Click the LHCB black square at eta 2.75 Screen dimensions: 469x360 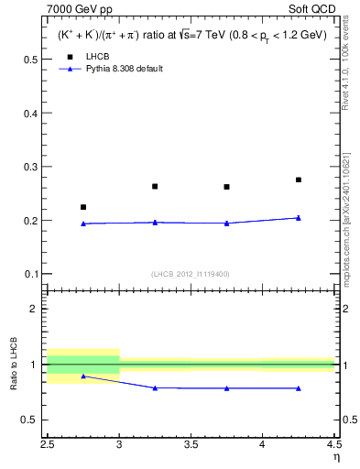point(83,207)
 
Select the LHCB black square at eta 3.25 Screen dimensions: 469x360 point(155,186)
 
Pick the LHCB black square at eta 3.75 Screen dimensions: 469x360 point(226,187)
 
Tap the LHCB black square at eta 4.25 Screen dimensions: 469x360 point(299,180)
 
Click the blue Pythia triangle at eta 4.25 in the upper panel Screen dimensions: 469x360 point(299,218)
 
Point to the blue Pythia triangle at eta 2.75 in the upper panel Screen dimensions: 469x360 point(83,224)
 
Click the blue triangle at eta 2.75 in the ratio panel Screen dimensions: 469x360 point(83,376)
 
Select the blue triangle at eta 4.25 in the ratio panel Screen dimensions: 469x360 point(299,388)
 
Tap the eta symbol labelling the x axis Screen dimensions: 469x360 point(336,455)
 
